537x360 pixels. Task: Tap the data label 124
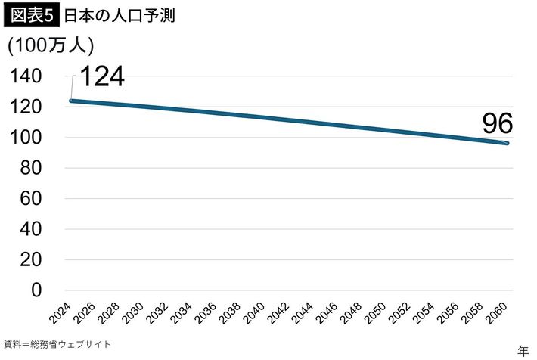click(x=101, y=76)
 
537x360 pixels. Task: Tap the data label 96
click(x=498, y=123)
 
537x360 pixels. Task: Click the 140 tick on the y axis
click(x=27, y=76)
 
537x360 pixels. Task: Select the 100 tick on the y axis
click(x=27, y=138)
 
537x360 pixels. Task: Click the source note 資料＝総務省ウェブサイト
click(x=57, y=344)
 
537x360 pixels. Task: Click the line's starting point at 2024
click(x=70, y=101)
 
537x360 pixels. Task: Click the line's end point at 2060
click(x=508, y=144)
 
